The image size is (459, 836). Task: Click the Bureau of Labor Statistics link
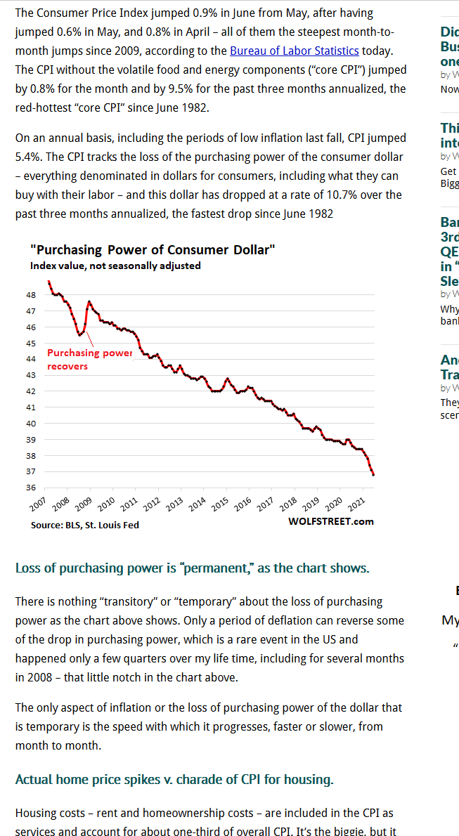pos(294,51)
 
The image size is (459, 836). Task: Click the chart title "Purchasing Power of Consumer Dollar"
pos(153,249)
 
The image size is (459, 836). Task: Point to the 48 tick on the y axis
pos(31,295)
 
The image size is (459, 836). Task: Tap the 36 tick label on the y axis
pos(31,488)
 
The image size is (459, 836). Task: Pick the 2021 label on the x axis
pos(356,504)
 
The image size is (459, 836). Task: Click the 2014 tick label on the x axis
pos(198,504)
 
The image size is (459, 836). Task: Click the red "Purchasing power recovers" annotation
pos(89,359)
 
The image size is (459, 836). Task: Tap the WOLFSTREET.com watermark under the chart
pos(330,521)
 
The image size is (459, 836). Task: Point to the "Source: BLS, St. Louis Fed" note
pos(84,525)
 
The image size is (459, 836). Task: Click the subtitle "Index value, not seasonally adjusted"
pos(115,266)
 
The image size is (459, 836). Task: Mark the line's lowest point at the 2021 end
pos(373,475)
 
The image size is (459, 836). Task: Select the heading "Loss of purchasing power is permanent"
pos(192,568)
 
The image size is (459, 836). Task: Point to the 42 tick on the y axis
pos(31,391)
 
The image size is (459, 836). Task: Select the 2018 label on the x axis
pos(288,504)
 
